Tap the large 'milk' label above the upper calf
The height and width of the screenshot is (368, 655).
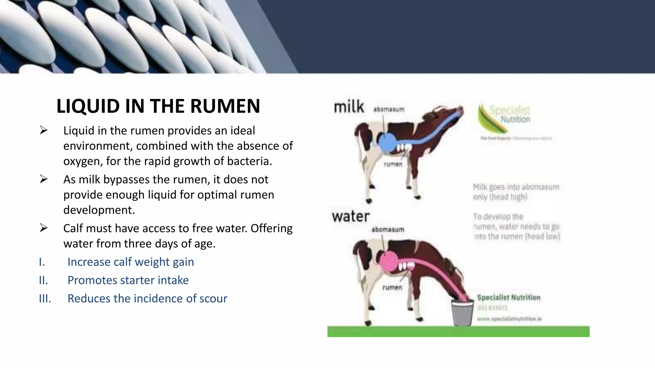coord(349,107)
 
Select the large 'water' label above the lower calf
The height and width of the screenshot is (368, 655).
coord(351,217)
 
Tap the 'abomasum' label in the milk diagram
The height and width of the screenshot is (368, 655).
coord(389,110)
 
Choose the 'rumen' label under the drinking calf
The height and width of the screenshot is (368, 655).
coord(392,287)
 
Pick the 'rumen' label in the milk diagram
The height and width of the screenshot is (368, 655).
coord(393,164)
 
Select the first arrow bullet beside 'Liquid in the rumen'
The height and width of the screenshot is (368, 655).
coord(43,130)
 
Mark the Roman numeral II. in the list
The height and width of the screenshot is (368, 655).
coord(43,280)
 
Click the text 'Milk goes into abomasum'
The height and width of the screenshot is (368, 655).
coord(516,187)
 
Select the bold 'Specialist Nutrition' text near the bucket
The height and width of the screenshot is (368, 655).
coord(509,297)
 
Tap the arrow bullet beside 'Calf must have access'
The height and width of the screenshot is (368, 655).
coord(43,228)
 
